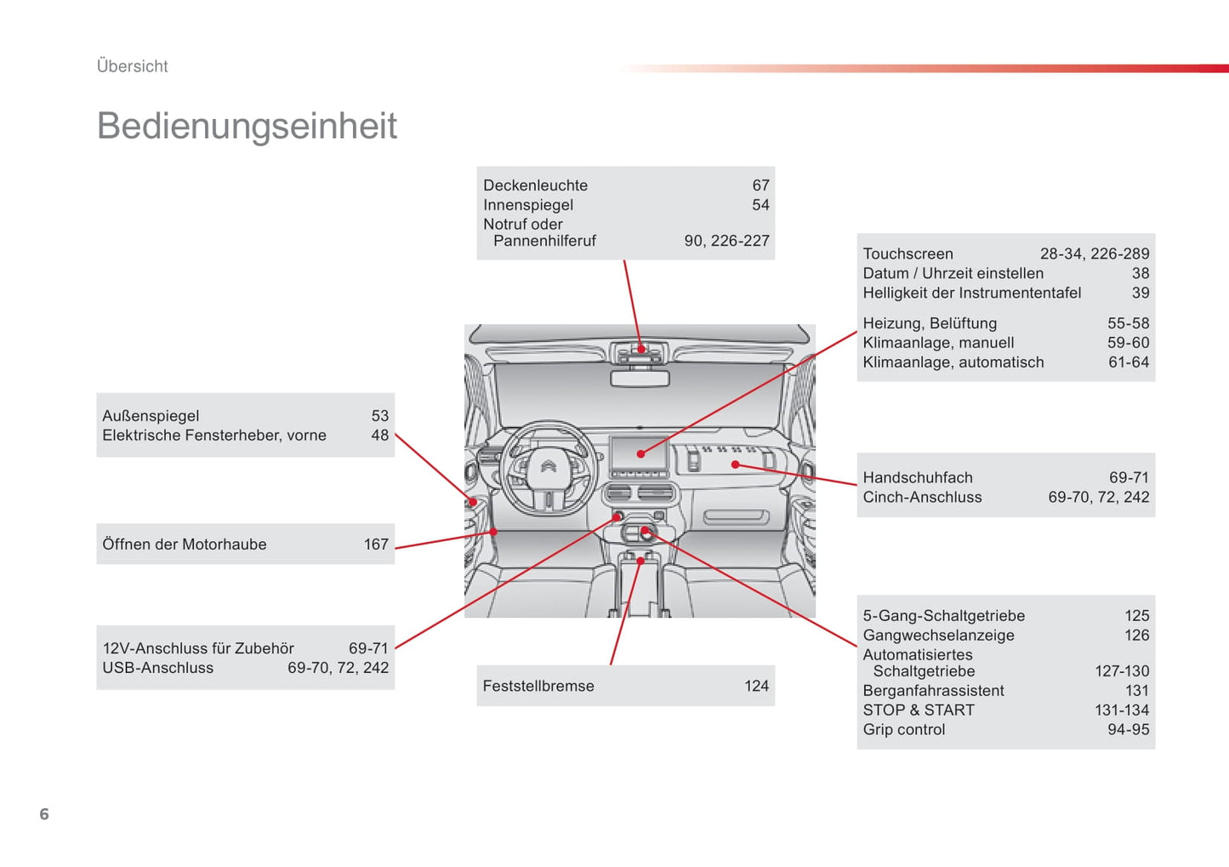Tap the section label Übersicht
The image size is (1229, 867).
coord(132,66)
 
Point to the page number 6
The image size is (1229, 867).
coord(44,813)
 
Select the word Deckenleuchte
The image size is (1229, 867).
coord(535,185)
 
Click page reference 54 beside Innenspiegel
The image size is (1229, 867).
coord(760,205)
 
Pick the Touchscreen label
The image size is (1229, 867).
coord(908,254)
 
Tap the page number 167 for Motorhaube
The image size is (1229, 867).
coord(376,545)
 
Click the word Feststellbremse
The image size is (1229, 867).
coord(538,686)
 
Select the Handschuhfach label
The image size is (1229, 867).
coord(918,478)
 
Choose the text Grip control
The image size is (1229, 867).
coord(903,730)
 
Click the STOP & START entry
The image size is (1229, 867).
coord(919,710)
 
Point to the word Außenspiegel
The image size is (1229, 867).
coord(151,416)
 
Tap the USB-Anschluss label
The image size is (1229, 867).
coord(157,668)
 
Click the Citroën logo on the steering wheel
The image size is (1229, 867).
coord(549,467)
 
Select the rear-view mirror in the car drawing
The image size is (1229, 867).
coord(640,379)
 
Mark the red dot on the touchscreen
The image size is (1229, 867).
coord(640,453)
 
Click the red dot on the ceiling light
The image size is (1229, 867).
coord(640,349)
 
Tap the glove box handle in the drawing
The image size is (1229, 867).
coord(737,516)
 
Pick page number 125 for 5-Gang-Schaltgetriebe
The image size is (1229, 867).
coord(1137,616)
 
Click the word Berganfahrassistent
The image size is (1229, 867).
coord(933,691)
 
